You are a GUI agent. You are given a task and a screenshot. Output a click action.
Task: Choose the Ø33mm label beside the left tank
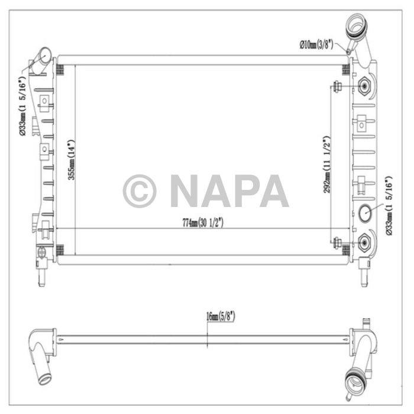point(21,107)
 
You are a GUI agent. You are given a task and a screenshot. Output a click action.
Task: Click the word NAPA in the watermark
point(229,191)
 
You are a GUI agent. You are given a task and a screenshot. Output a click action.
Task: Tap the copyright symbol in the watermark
point(140,191)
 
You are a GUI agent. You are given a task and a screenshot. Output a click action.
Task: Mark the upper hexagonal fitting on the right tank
point(365,87)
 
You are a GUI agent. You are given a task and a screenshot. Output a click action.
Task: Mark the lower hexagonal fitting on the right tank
point(365,241)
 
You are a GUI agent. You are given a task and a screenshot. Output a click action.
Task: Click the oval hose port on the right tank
point(364,211)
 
